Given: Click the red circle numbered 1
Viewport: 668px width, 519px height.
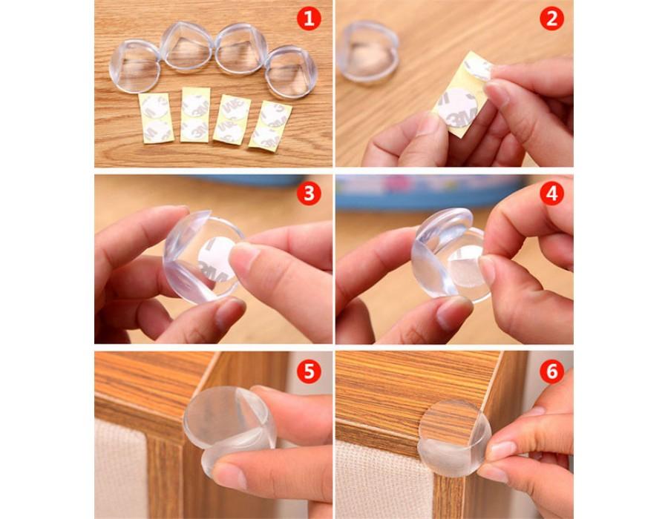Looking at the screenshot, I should tap(309, 18).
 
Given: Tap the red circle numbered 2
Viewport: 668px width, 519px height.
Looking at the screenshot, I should tap(551, 18).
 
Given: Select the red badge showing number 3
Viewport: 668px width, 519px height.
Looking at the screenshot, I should tap(309, 194).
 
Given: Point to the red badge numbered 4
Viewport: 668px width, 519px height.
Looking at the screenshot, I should tap(551, 194).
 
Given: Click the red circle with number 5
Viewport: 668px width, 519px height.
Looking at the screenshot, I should tap(309, 371).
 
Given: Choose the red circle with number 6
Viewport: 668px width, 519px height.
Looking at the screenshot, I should tap(551, 371).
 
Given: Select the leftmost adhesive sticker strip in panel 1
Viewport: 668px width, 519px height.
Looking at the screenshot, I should tap(156, 119).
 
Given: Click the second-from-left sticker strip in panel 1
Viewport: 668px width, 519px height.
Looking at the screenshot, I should tap(195, 116).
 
